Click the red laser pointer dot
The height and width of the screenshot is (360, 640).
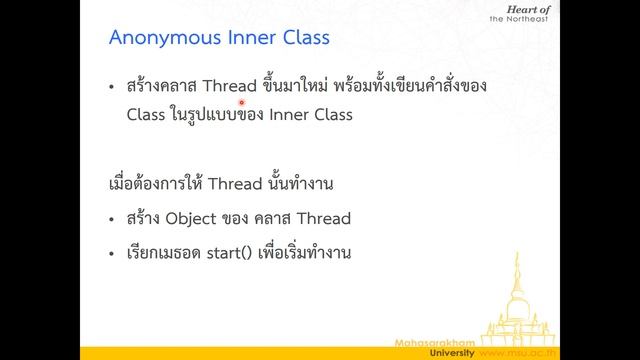[241, 102]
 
